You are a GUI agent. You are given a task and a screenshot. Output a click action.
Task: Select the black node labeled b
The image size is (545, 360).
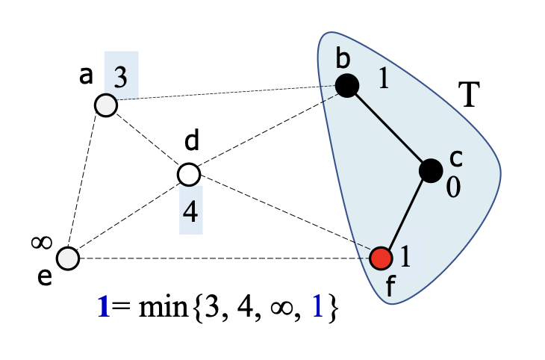click(346, 86)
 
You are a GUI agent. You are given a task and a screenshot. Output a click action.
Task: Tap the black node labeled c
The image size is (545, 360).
click(431, 171)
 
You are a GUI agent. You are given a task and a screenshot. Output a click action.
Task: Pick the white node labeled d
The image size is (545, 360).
click(189, 175)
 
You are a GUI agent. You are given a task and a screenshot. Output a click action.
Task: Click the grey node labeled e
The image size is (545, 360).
click(68, 258)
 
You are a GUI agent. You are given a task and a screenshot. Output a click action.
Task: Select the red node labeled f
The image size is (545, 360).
click(381, 258)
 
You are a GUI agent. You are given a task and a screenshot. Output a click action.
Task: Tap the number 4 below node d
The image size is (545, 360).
click(190, 213)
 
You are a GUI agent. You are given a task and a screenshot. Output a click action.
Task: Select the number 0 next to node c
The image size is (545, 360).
click(452, 187)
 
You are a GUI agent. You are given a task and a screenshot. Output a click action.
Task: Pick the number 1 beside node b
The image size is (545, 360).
click(382, 80)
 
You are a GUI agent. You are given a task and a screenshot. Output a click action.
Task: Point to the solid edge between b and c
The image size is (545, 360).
click(388, 128)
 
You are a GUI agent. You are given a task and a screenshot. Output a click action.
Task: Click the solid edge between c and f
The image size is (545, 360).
click(406, 214)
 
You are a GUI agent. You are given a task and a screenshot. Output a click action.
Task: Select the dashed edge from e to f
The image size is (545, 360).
click(224, 258)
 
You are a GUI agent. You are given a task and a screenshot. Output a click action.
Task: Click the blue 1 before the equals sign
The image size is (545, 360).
click(105, 308)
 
